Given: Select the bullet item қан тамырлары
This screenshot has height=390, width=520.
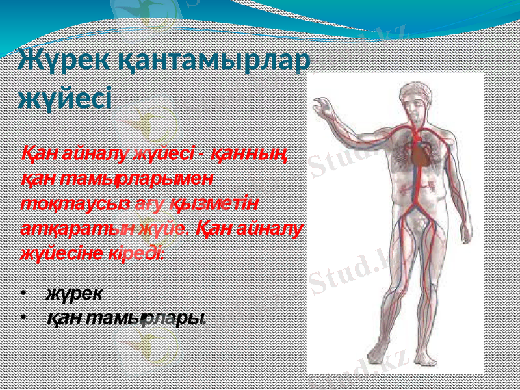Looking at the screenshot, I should point(126,318).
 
